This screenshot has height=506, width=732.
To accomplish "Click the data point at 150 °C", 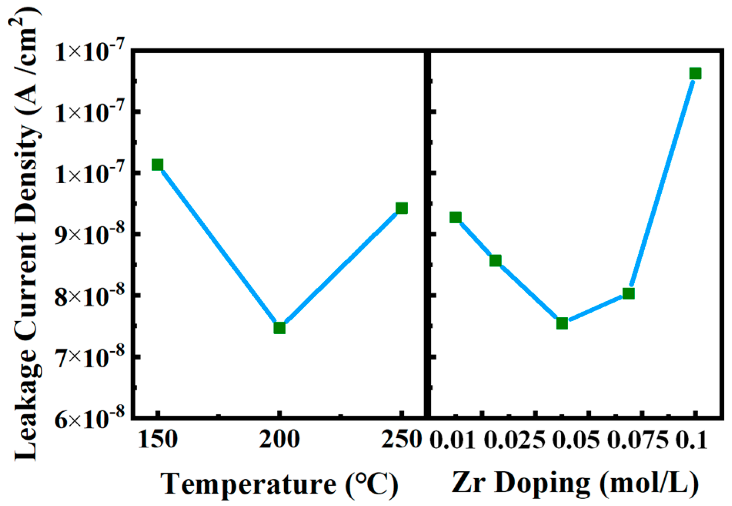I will [157, 165].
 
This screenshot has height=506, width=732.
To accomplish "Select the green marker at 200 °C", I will [279, 328].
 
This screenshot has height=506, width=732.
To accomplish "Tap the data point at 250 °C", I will [401, 208].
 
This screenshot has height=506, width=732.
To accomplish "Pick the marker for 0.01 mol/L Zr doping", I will [455, 218].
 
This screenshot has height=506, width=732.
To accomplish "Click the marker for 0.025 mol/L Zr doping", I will [495, 261].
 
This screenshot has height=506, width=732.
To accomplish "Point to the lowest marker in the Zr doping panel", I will [562, 323].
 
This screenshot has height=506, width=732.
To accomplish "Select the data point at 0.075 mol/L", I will [628, 293].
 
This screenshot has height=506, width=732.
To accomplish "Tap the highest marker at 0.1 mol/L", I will [695, 74].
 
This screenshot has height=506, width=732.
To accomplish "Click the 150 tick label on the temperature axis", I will [157, 439].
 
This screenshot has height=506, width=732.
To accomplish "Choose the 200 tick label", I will [279, 439].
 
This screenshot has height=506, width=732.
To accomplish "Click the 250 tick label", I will [401, 439].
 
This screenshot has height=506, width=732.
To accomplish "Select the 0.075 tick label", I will [638, 439].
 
